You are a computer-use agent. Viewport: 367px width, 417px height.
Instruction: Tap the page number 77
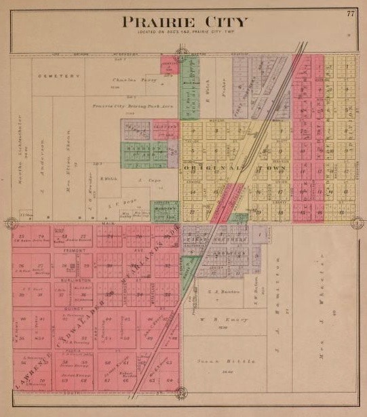350,14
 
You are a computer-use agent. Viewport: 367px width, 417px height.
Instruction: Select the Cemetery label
54,75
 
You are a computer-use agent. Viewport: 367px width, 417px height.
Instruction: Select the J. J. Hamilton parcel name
279,285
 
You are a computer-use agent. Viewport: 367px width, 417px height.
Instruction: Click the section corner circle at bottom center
181,393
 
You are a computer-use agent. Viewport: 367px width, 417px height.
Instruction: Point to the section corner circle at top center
181,52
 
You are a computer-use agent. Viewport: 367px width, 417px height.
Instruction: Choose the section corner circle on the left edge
12,222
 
